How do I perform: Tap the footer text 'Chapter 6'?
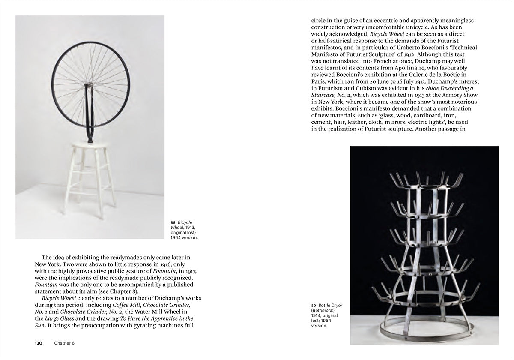64,343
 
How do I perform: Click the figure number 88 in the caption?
173,222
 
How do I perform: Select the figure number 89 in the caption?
314,305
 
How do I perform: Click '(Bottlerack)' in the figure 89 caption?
324,310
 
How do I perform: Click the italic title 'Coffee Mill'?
128,305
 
